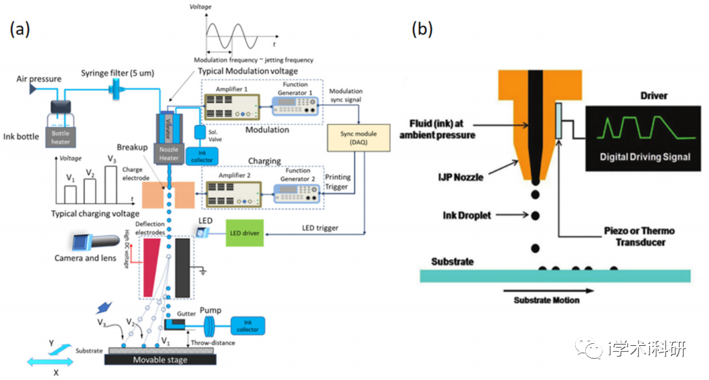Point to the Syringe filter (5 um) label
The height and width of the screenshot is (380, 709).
(120, 72)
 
